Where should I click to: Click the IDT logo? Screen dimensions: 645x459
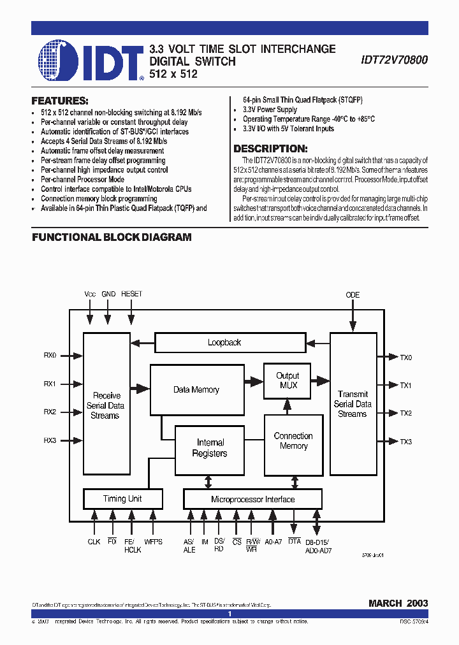tap(90, 61)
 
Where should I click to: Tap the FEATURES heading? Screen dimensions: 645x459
tap(60, 101)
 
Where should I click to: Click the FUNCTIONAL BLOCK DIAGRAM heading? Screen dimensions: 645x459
tap(112, 237)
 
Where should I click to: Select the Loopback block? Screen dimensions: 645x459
tap(224, 343)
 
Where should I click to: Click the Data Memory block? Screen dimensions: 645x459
tap(196, 390)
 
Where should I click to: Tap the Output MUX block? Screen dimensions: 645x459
tap(288, 380)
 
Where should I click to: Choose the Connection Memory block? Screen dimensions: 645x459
tap(293, 441)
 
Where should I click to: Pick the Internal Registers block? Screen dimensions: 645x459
tap(210, 448)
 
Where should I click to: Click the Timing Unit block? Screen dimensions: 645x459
tap(122, 499)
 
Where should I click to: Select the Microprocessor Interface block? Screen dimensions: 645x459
tap(252, 499)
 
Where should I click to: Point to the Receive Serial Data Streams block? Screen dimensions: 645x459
tap(106, 405)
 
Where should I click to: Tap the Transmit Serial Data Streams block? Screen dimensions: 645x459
tap(353, 404)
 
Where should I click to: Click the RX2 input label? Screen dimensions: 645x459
tap(50, 412)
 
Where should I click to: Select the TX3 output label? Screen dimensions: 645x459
tap(406, 442)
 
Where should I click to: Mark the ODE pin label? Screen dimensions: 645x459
tap(353, 295)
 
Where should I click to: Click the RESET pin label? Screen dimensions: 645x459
tap(131, 294)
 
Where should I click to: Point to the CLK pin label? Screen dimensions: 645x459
tap(94, 542)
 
